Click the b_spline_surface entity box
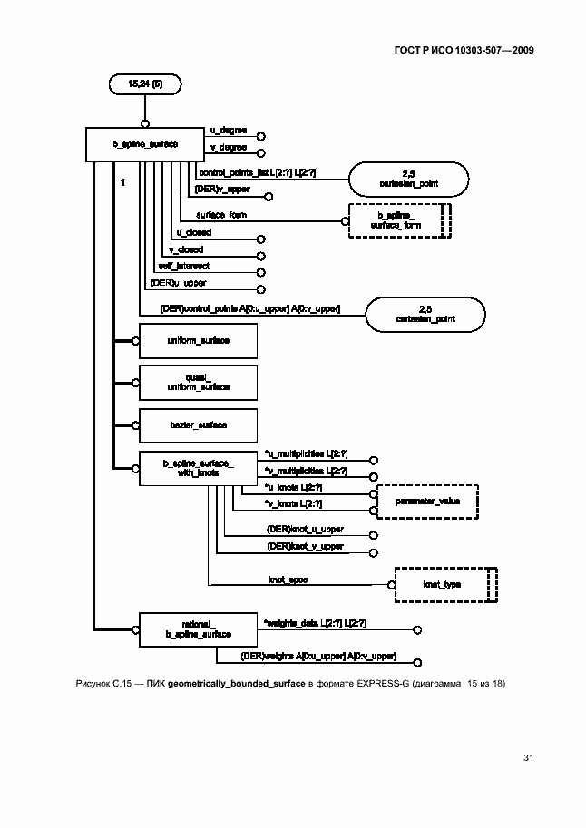144,144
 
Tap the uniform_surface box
197,340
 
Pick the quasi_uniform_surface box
197,382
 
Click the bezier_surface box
197,424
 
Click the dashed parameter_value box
426,501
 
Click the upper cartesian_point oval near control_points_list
409,179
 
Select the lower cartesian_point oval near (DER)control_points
425,314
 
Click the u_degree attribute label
222,131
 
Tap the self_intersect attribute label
183,266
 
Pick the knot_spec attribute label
287,578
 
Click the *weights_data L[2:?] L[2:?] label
314,622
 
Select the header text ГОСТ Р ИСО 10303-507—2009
464,50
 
